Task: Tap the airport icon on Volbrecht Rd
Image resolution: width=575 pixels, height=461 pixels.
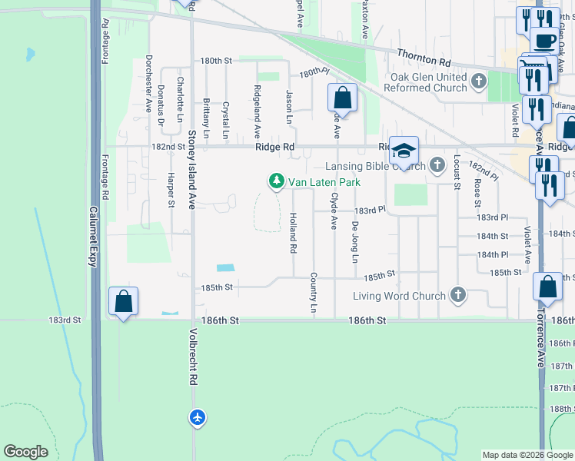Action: point(198,417)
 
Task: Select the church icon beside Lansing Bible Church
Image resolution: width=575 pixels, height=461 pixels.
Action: point(437,165)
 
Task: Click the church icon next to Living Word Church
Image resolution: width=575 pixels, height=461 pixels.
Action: point(457,295)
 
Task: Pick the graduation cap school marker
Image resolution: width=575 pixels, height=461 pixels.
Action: point(403,149)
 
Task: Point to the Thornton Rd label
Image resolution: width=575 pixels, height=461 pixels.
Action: point(424,57)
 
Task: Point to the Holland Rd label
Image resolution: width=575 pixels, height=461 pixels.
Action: point(293,234)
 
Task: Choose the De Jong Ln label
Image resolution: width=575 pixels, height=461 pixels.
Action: point(354,242)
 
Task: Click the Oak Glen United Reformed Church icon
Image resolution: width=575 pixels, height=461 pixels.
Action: point(480,80)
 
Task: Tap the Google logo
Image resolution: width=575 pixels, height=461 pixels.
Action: point(26,452)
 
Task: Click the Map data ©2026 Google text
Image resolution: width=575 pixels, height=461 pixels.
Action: point(527,455)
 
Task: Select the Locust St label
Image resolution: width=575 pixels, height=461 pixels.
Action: point(457,171)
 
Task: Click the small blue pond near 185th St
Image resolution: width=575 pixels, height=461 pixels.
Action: point(225,268)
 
